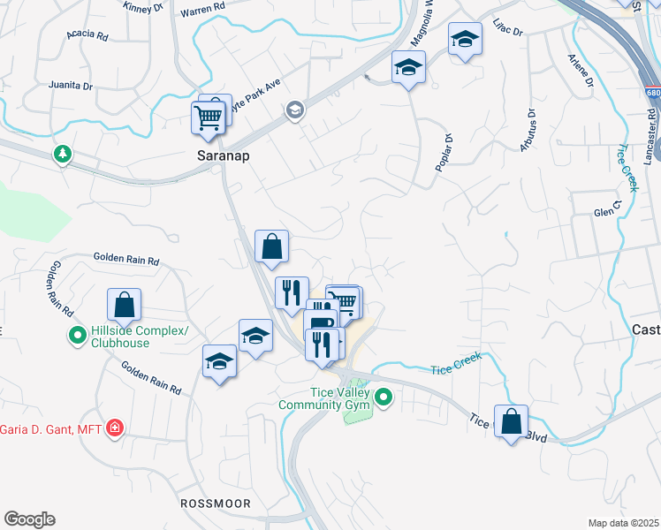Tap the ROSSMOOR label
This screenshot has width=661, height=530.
(x=216, y=503)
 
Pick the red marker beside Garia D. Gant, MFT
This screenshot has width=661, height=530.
(x=114, y=429)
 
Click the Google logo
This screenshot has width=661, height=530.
(x=29, y=519)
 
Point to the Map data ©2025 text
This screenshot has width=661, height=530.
(x=623, y=523)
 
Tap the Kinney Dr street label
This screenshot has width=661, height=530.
(x=146, y=7)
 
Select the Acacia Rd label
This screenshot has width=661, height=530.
(x=87, y=37)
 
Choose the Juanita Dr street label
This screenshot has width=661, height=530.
(x=72, y=86)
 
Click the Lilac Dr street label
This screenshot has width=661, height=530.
(x=508, y=31)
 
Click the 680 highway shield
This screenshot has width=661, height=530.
(x=653, y=92)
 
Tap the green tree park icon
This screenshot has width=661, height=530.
(x=62, y=155)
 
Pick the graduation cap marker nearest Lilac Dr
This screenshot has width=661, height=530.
(x=465, y=40)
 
